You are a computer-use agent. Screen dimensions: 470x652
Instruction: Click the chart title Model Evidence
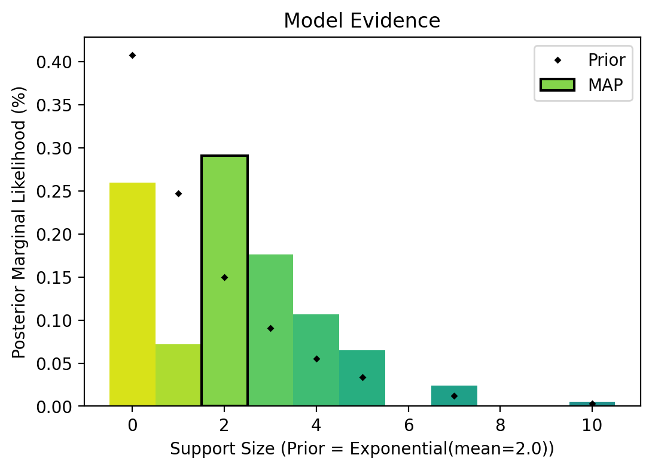(362, 21)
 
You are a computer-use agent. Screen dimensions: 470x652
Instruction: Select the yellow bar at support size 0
(132, 294)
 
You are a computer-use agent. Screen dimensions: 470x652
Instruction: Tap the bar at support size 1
(178, 375)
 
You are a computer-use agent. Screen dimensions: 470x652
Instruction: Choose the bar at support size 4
(316, 360)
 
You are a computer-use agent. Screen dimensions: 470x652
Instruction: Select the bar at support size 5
(362, 378)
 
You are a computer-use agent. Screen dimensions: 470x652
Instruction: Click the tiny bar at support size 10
(592, 404)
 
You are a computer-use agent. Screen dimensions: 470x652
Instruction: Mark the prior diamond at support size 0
(132, 55)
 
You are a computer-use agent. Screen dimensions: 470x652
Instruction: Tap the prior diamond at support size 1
(178, 193)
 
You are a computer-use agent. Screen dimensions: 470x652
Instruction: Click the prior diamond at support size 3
(270, 328)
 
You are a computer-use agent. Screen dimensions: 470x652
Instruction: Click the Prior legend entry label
(607, 60)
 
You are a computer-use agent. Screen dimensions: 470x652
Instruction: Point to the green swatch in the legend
(557, 85)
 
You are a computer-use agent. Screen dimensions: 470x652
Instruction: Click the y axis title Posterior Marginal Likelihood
(20, 222)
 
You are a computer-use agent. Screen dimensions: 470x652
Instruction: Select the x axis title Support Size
(362, 449)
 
